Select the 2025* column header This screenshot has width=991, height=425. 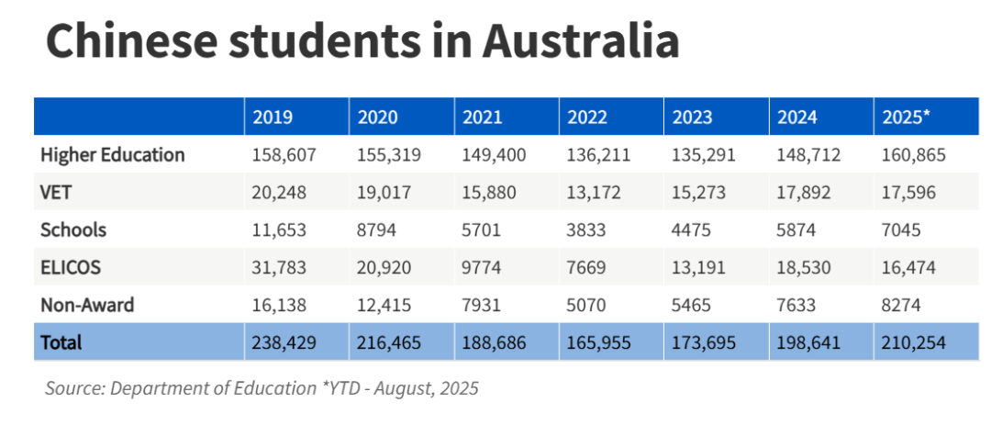906,117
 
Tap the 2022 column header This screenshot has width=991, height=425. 588,117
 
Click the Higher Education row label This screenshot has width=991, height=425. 113,155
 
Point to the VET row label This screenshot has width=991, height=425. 56,193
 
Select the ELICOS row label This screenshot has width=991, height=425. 71,268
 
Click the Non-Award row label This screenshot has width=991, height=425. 87,305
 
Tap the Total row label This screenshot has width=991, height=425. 61,342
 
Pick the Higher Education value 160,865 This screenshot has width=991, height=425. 913,155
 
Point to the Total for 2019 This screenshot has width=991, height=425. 284,342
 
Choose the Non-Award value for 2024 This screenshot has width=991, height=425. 796,305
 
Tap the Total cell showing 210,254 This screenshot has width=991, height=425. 913,342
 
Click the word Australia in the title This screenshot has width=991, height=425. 581,42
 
